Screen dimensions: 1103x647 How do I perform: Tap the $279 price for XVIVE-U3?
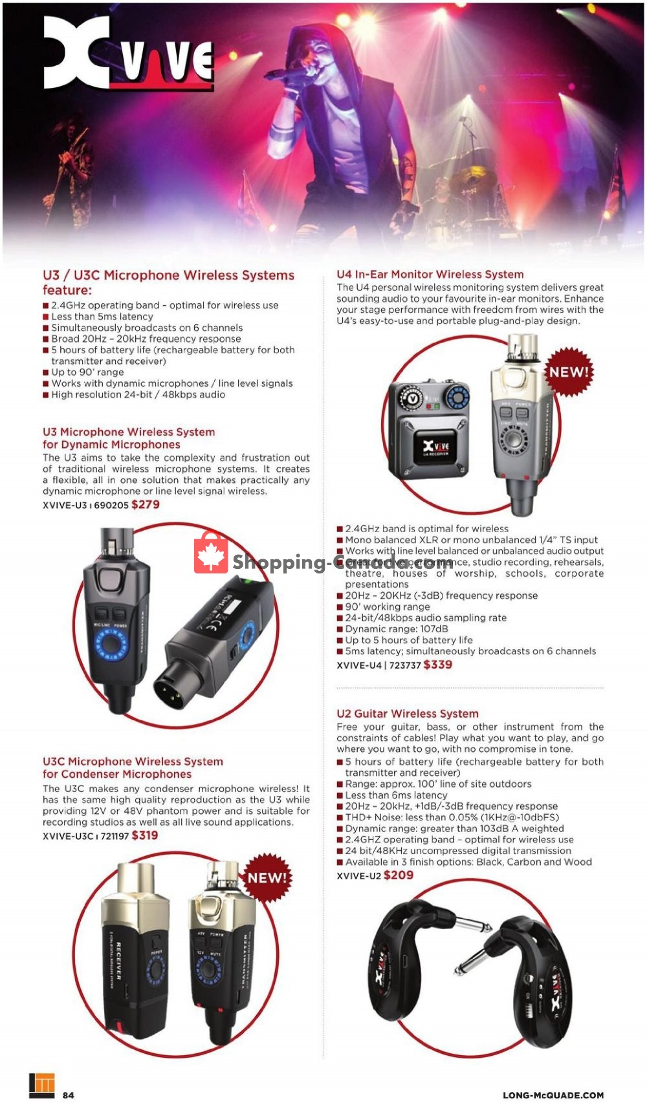(x=145, y=505)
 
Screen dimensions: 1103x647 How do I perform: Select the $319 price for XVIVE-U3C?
(x=144, y=835)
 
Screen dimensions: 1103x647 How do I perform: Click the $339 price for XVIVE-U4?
(x=437, y=665)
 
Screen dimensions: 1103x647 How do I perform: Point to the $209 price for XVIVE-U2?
(x=398, y=875)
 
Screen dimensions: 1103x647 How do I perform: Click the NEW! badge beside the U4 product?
(x=569, y=372)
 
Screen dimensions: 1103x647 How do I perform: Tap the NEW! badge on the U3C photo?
(x=267, y=877)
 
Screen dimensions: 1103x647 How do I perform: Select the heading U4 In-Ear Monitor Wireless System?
(x=430, y=275)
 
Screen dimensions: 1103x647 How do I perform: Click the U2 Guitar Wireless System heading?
(x=407, y=714)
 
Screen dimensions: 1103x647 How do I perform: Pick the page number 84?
(x=68, y=1095)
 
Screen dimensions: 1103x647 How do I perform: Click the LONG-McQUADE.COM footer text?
(x=553, y=1095)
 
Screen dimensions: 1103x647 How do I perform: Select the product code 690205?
(x=111, y=506)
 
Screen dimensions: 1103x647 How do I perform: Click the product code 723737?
(x=405, y=665)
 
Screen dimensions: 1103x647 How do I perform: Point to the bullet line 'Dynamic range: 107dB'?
(x=396, y=629)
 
